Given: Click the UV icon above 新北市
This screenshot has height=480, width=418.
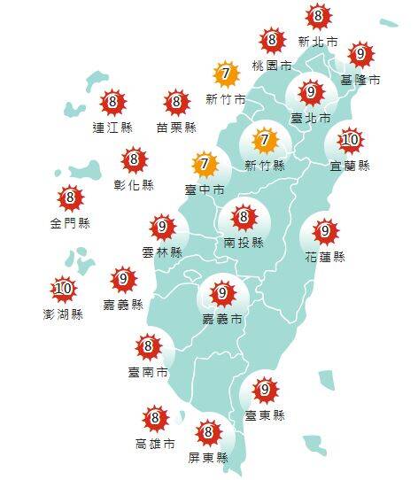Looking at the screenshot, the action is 318,16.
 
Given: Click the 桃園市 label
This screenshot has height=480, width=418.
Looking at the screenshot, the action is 271,66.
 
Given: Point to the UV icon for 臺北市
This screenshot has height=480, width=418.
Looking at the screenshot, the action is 310,92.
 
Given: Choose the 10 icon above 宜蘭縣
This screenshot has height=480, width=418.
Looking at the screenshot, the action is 351,140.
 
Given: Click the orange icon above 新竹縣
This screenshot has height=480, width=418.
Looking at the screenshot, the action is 264,140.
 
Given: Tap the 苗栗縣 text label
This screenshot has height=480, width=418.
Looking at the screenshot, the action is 176,128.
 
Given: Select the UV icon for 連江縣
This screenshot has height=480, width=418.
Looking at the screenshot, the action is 112,103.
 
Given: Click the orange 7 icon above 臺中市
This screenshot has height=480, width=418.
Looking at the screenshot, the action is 205,164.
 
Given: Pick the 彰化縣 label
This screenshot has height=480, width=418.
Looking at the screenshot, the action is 135,185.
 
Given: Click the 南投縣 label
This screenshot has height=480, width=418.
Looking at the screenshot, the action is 243,239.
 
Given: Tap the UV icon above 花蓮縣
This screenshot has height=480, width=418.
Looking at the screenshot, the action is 326,231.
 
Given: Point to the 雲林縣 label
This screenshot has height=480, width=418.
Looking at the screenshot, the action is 162,252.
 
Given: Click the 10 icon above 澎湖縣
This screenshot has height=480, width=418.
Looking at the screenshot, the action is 63,288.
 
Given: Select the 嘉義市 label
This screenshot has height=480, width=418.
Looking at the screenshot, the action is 222,317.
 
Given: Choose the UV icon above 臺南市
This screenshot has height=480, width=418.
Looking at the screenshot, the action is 148,346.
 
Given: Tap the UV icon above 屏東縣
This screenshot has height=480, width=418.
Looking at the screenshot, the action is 209,432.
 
